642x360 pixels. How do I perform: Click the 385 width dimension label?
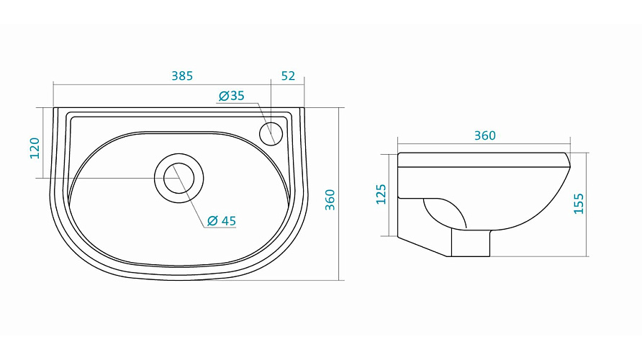tap(182, 76)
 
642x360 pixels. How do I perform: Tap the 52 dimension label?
tap(288, 76)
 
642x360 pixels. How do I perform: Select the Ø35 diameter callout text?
tap(231, 96)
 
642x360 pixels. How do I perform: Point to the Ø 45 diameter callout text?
tap(222, 221)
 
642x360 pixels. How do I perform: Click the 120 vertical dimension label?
tap(35, 148)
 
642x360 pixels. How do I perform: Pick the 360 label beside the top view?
tap(330, 200)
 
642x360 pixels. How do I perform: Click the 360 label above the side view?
tap(485, 135)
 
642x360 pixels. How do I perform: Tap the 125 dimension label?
tap(381, 194)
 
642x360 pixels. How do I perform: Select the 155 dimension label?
tap(579, 204)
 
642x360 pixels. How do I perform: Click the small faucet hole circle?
tap(271, 133)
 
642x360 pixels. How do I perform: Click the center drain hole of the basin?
tap(179, 178)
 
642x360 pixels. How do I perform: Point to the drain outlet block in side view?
tap(471, 243)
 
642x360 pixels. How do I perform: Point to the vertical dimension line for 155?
tap(587, 204)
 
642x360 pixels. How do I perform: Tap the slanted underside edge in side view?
tap(423, 246)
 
